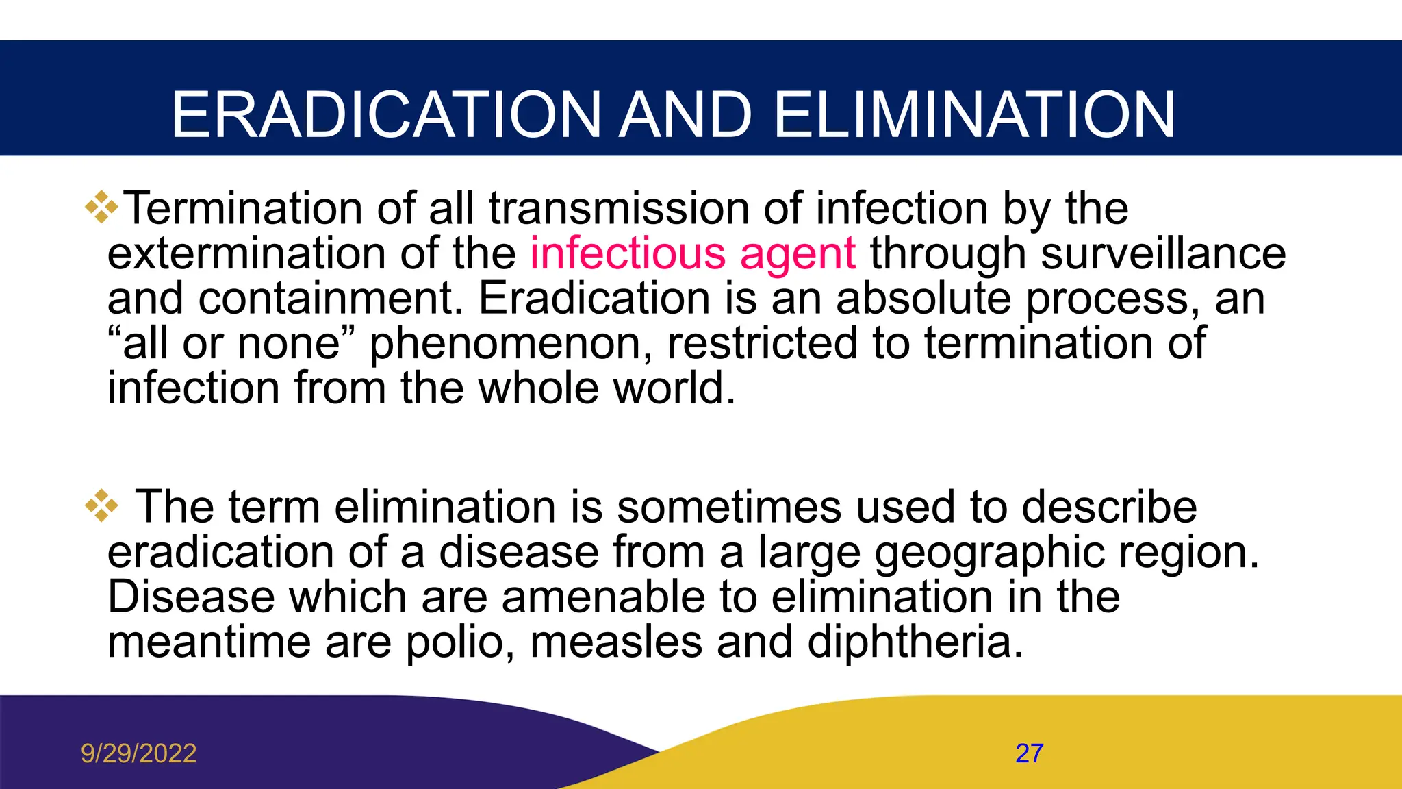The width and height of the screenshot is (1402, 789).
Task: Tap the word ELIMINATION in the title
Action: pyautogui.click(x=974, y=115)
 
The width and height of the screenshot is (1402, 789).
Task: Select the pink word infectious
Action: pyautogui.click(x=628, y=253)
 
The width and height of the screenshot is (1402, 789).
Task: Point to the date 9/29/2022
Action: pyautogui.click(x=138, y=753)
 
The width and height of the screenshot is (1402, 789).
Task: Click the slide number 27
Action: pyautogui.click(x=1029, y=753)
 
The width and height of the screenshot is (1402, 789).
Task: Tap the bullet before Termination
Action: pyautogui.click(x=101, y=207)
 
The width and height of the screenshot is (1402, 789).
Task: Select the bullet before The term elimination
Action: pyautogui.click(x=101, y=506)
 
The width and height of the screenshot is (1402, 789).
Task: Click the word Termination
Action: pyautogui.click(x=243, y=208)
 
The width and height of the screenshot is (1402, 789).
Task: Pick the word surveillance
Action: pyautogui.click(x=1163, y=253)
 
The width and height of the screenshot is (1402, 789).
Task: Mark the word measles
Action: pyautogui.click(x=615, y=642)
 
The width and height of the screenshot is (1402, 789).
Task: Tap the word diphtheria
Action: pyautogui.click(x=915, y=642)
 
